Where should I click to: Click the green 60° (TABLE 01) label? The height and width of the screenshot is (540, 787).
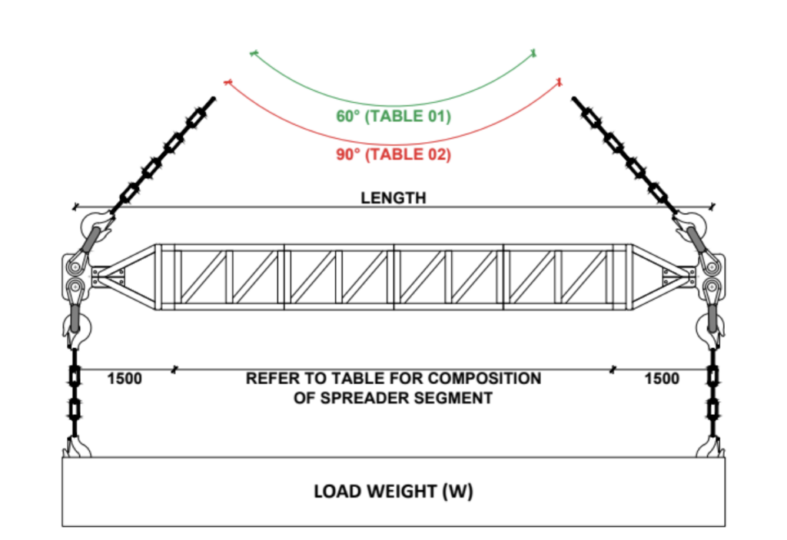click(393, 117)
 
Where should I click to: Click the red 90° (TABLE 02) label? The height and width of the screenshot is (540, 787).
click(393, 154)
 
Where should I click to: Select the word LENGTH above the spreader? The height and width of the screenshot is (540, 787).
click(393, 198)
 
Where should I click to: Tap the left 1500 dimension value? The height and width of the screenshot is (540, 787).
click(125, 379)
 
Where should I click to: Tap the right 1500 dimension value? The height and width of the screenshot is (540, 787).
click(661, 379)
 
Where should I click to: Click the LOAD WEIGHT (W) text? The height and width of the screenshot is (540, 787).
click(393, 491)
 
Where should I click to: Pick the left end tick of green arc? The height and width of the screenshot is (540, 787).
click(253, 53)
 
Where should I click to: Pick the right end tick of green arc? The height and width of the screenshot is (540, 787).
click(532, 53)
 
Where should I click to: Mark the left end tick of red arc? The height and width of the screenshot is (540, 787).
click(227, 81)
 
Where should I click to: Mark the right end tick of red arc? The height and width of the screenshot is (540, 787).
click(560, 81)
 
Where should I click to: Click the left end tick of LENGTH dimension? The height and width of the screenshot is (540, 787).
click(75, 207)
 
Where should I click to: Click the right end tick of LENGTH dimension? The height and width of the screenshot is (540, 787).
click(712, 206)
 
